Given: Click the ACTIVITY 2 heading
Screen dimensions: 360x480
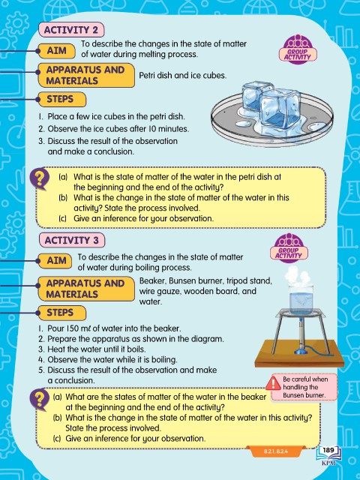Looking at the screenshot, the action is (71, 30).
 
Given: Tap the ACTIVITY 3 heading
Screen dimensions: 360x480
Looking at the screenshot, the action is (72, 240).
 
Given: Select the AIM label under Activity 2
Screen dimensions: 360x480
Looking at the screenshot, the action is (57, 50).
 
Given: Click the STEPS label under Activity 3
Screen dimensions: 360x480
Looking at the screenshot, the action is (61, 313).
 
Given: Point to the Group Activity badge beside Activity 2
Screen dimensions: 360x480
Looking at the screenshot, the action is (298, 49).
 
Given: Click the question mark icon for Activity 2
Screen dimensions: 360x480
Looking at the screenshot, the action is (39, 178).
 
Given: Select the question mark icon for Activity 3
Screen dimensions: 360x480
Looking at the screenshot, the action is (39, 399).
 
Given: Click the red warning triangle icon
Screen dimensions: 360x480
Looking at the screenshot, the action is (273, 384).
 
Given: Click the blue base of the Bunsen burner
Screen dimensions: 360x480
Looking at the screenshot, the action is (300, 351).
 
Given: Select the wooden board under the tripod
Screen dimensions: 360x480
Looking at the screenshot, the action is (299, 353).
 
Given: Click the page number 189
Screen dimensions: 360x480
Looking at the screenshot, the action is (328, 450).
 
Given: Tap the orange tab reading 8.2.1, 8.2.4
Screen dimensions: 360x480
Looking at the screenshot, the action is (275, 451).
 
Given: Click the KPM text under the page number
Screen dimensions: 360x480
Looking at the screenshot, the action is (328, 463).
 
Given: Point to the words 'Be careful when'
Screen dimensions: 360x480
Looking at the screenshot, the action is (305, 379).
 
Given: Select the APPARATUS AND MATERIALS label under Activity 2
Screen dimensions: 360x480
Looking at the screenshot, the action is (85, 75).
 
